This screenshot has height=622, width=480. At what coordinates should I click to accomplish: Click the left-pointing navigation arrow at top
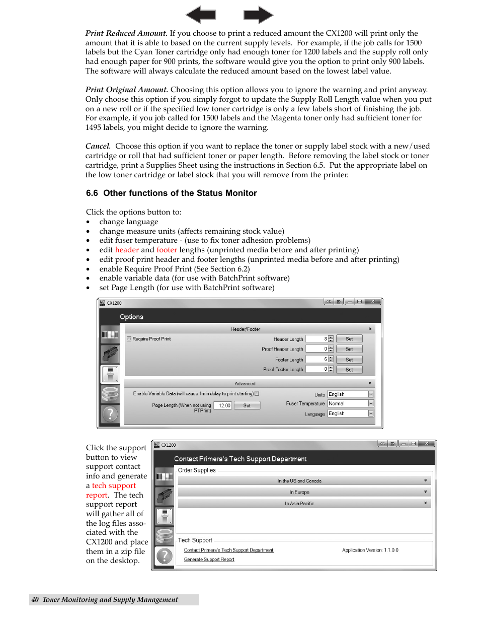pyautogui.click(x=201, y=15)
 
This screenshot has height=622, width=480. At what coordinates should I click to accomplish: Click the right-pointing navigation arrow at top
pyautogui.click(x=258, y=15)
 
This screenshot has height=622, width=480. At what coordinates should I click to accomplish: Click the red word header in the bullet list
pyautogui.click(x=127, y=250)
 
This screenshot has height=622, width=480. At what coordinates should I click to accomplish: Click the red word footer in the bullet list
pyautogui.click(x=167, y=250)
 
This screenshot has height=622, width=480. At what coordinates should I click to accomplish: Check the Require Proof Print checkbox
pyautogui.click(x=129, y=339)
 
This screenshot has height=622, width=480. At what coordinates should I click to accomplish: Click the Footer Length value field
pyautogui.click(x=317, y=359)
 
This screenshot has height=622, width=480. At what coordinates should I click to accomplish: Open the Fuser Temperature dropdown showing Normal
pyautogui.click(x=371, y=403)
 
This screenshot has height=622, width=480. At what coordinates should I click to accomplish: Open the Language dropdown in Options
pyautogui.click(x=371, y=413)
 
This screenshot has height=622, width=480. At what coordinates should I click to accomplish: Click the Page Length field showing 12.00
pyautogui.click(x=222, y=405)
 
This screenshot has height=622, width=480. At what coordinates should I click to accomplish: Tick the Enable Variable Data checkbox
pyautogui.click(x=257, y=394)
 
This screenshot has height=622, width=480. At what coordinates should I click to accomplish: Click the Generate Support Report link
pyautogui.click(x=209, y=560)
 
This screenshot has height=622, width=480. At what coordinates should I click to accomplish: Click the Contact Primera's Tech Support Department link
pyautogui.click(x=228, y=550)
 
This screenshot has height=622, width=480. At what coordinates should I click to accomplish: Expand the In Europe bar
pyautogui.click(x=304, y=492)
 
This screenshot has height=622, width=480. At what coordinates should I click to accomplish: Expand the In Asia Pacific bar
pyautogui.click(x=304, y=503)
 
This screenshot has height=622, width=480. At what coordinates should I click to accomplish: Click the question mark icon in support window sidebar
pyautogui.click(x=164, y=556)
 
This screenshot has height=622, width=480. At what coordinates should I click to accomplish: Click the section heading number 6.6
pyautogui.click(x=92, y=193)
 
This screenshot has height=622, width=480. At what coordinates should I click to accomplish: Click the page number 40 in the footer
pyautogui.click(x=35, y=599)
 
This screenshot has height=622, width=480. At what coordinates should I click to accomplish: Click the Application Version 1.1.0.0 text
pyautogui.click(x=370, y=550)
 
